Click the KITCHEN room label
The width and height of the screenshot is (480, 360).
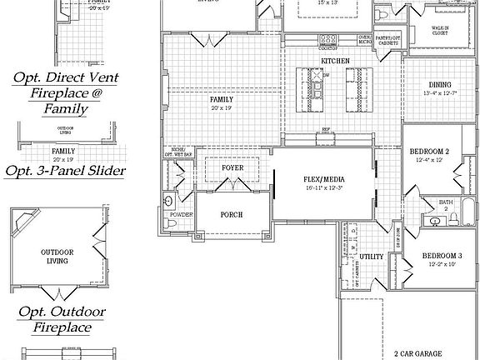334,61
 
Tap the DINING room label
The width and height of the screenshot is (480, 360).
440,85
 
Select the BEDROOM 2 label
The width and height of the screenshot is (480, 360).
430,151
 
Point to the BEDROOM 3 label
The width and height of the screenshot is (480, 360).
442,255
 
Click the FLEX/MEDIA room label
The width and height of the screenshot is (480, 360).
322,179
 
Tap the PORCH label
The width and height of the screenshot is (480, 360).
231,215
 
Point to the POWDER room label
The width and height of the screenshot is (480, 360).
181,215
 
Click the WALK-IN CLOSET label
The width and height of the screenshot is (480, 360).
440,32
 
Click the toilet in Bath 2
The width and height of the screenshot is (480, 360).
454,220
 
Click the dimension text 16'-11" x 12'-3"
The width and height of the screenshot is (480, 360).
322,188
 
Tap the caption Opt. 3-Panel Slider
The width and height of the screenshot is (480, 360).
66,172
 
